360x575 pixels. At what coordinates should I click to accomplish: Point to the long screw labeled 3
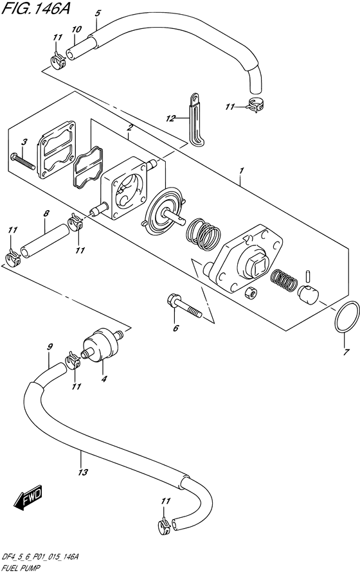(23, 162)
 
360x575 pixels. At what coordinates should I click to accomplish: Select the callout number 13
(84, 472)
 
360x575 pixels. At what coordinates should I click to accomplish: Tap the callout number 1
(241, 171)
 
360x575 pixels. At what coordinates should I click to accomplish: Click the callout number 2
(130, 128)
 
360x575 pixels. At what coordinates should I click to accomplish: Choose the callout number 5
(97, 13)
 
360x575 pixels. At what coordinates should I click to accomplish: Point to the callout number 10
(76, 30)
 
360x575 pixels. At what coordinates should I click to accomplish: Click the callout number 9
(50, 346)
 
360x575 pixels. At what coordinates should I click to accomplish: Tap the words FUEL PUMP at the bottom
(21, 569)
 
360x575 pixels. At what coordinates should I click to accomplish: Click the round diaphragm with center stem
(165, 212)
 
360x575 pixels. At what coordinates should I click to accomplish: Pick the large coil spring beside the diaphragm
(203, 234)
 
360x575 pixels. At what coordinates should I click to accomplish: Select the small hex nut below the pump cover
(251, 292)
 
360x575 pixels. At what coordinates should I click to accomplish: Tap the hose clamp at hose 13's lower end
(164, 527)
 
